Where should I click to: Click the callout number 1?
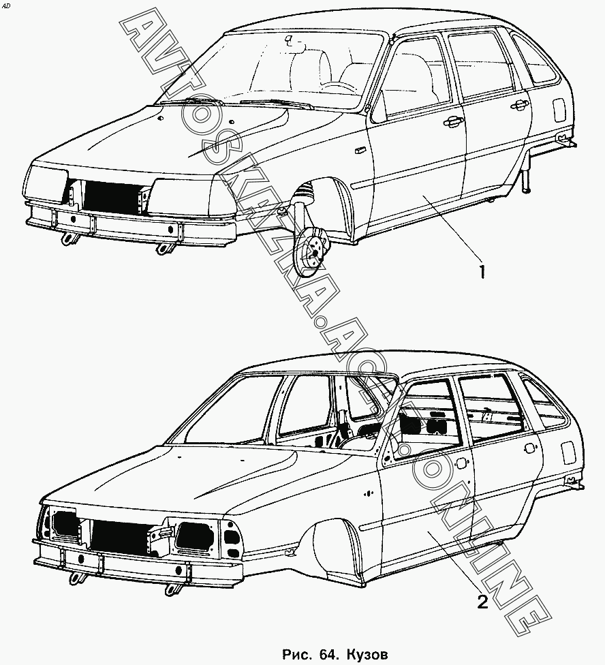[x=481, y=272]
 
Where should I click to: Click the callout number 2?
[x=482, y=602]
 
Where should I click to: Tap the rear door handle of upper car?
[x=519, y=104]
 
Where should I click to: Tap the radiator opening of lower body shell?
[x=120, y=536]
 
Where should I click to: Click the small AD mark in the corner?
[x=7, y=5]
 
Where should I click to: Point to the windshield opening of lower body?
[x=225, y=416]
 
